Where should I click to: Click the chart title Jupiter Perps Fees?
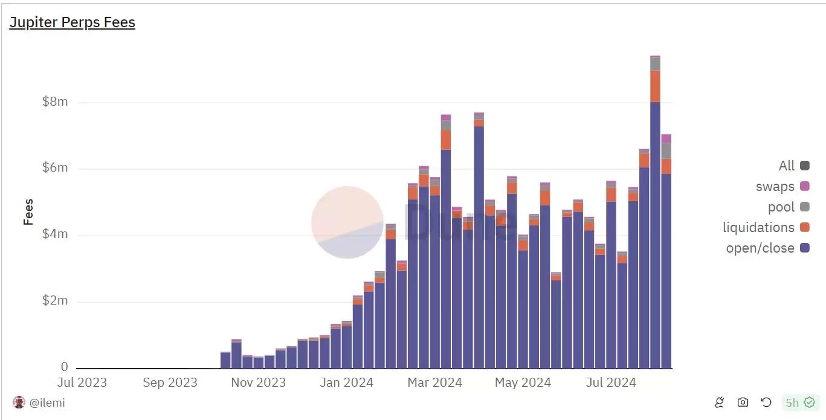click(x=72, y=22)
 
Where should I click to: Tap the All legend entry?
click(x=794, y=166)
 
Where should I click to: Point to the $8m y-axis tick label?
click(x=55, y=102)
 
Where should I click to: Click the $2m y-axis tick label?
click(x=55, y=301)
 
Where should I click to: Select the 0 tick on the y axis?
click(x=64, y=367)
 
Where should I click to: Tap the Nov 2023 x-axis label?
click(x=258, y=383)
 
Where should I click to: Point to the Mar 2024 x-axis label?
click(x=434, y=383)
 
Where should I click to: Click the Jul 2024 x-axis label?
click(x=611, y=383)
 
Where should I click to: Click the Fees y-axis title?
click(x=28, y=212)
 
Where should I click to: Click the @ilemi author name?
click(x=47, y=402)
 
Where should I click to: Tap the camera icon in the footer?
click(x=743, y=402)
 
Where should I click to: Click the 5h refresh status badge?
click(x=799, y=402)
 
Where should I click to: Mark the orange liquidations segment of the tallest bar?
click(x=655, y=86)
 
